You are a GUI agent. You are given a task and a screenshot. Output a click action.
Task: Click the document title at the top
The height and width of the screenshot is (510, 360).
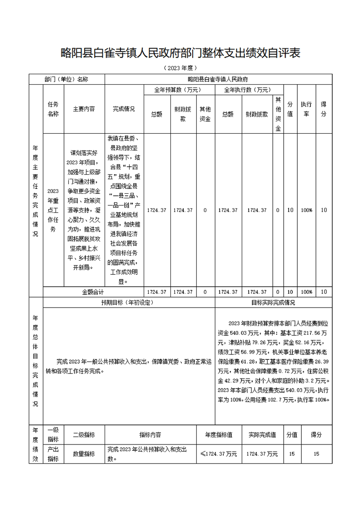pyautogui.click(x=180, y=53)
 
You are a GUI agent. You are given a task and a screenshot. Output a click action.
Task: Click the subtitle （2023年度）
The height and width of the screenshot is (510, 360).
pyautogui.click(x=180, y=68)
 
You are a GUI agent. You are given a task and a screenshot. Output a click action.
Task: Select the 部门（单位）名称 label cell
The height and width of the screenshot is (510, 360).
pyautogui.click(x=66, y=79)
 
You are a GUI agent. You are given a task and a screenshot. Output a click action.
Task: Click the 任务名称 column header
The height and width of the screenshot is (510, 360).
pyautogui.click(x=53, y=109)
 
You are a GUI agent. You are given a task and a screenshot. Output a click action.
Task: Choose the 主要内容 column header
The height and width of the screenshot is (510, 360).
pyautogui.click(x=84, y=109)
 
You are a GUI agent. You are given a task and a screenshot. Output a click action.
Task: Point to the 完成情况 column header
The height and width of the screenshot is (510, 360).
pyautogui.click(x=124, y=109)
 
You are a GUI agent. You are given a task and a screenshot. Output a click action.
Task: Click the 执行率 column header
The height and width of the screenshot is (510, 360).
pyautogui.click(x=306, y=109)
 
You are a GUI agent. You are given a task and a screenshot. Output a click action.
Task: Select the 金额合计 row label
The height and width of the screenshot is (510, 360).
pyautogui.click(x=93, y=292)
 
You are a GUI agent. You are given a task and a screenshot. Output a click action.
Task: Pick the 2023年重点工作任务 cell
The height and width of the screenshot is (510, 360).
pyautogui.click(x=53, y=210)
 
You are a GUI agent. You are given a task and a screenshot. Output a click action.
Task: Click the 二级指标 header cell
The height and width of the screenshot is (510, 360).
pyautogui.click(x=84, y=434)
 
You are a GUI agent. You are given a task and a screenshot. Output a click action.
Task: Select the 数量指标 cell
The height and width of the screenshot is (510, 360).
pyautogui.click(x=84, y=454)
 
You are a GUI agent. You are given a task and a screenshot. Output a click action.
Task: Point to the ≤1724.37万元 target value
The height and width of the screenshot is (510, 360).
pyautogui.click(x=219, y=454)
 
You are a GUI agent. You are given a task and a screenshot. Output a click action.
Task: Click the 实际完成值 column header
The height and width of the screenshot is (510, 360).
pyautogui.click(x=262, y=434)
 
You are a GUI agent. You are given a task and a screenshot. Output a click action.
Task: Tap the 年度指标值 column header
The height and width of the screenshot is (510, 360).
pyautogui.click(x=219, y=434)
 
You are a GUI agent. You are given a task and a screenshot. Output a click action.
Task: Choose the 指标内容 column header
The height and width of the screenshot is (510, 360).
pyautogui.click(x=150, y=434)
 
